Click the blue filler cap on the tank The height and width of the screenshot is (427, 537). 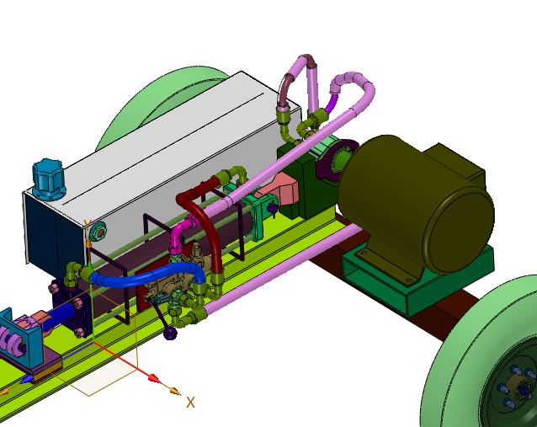[x=48, y=179]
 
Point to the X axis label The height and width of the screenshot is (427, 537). [x=190, y=403]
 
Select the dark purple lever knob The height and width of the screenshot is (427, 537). [x=170, y=334]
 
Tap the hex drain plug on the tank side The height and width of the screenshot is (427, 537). [x=99, y=232]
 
